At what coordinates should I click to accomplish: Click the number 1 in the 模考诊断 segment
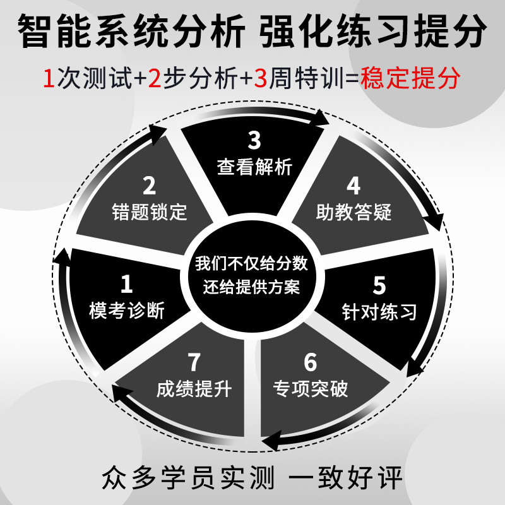pos(127,285)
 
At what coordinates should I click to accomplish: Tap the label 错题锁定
pos(150,211)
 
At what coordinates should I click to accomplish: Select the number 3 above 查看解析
pos(254,140)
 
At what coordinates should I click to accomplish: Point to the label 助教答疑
pos(353,211)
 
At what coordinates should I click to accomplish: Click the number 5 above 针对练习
pos(379,285)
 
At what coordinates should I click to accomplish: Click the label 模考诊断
pos(127,311)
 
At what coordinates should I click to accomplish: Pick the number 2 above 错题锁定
pos(150,186)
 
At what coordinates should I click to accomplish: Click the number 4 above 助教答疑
pos(353,186)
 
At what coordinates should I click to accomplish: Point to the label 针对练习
pos(379,311)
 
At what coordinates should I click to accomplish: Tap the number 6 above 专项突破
pos(310,363)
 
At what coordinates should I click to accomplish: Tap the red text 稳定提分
pos(410,80)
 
